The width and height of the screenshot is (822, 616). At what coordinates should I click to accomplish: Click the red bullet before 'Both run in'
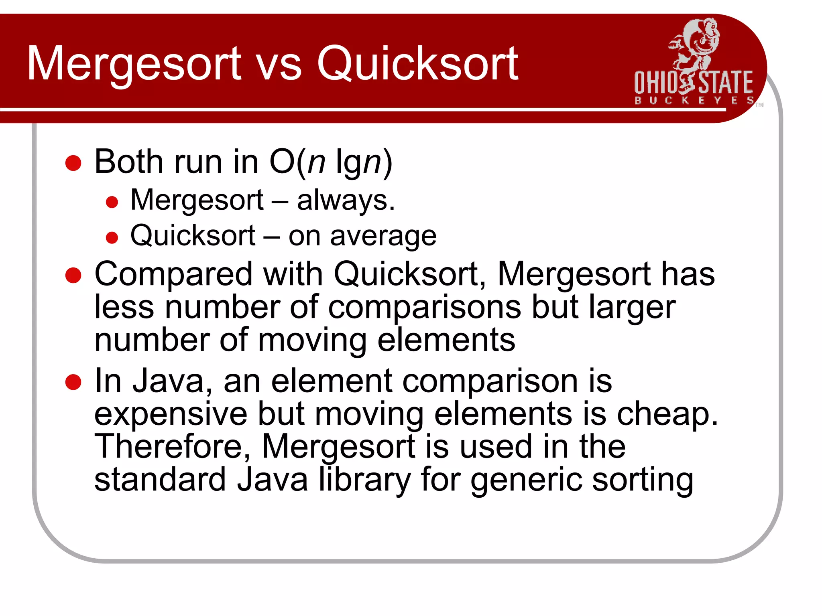(73, 163)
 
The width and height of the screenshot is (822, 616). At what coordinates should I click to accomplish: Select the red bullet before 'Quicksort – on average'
(112, 237)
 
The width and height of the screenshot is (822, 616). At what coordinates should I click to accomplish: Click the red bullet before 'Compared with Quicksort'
(73, 276)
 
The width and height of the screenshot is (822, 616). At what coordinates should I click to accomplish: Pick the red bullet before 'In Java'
(73, 382)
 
